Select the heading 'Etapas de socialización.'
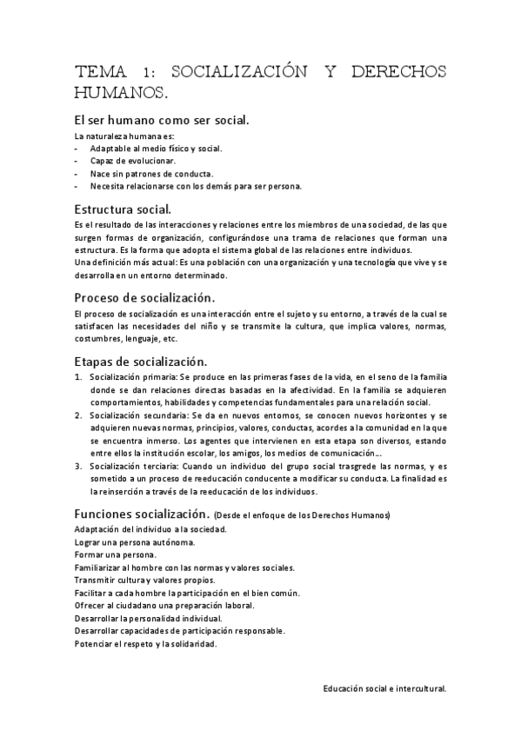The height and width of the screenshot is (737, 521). point(141,359)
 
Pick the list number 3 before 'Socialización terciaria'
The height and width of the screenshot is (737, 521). point(78,467)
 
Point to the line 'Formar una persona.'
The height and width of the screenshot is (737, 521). point(116,554)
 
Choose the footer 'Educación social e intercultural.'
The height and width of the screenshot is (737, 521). point(384,687)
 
